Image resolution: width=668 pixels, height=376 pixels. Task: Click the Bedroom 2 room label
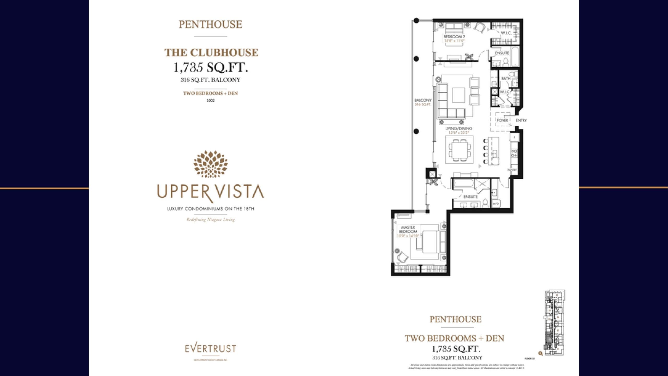tap(454, 37)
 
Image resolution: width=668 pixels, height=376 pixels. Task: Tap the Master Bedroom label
tap(408, 230)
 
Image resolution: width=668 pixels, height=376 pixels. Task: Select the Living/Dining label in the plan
tap(458, 128)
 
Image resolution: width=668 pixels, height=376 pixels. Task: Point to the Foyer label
tap(502, 120)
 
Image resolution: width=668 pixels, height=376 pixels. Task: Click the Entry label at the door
tap(521, 120)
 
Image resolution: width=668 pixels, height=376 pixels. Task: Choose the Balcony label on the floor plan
tap(423, 100)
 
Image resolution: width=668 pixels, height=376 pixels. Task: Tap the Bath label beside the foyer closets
tap(506, 79)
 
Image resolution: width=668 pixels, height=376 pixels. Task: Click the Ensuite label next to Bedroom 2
tap(502, 53)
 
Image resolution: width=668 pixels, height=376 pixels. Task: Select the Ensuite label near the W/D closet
tap(470, 197)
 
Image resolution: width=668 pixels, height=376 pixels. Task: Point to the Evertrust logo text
tap(210, 349)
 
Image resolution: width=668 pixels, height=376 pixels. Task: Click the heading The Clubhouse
tap(211, 52)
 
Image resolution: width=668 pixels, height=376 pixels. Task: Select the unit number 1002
tap(211, 101)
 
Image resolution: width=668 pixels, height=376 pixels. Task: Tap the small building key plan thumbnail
tap(554, 322)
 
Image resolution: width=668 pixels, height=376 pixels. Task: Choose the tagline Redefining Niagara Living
tap(211, 220)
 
